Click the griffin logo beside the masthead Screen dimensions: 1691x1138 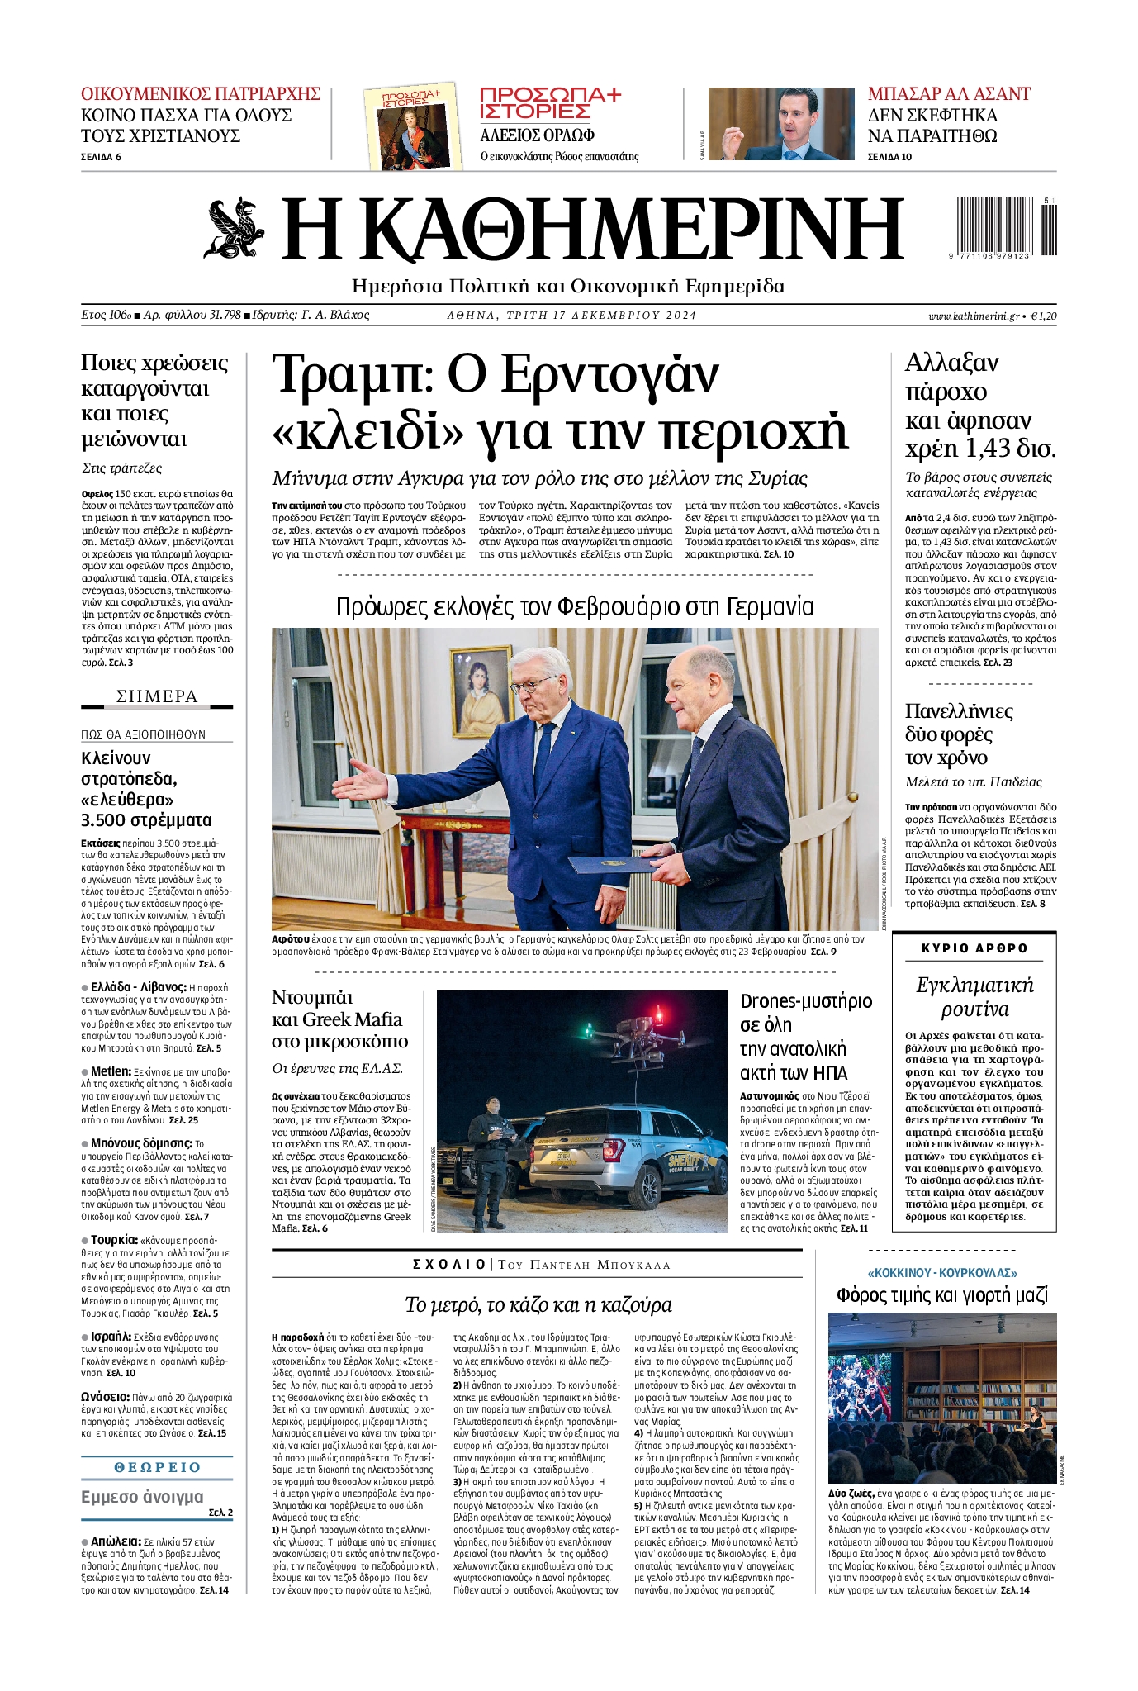[x=234, y=228]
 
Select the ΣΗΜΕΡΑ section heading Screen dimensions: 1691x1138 [x=157, y=696]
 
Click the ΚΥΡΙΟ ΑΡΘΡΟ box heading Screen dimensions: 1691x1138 [x=974, y=948]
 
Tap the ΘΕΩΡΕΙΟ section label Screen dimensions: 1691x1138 [x=157, y=1467]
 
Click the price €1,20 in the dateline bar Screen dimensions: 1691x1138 [x=1044, y=316]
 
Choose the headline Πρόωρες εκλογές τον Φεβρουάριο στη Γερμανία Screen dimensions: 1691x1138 [x=575, y=607]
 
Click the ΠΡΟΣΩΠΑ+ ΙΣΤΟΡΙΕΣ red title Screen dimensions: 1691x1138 [x=550, y=102]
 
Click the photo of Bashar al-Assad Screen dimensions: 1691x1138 [x=782, y=124]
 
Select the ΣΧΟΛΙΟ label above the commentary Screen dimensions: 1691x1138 [x=449, y=1265]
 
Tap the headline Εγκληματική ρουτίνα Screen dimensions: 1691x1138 [x=974, y=997]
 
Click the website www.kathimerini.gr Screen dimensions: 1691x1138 [x=973, y=316]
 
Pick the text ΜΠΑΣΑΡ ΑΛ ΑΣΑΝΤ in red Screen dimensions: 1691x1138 [x=949, y=93]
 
